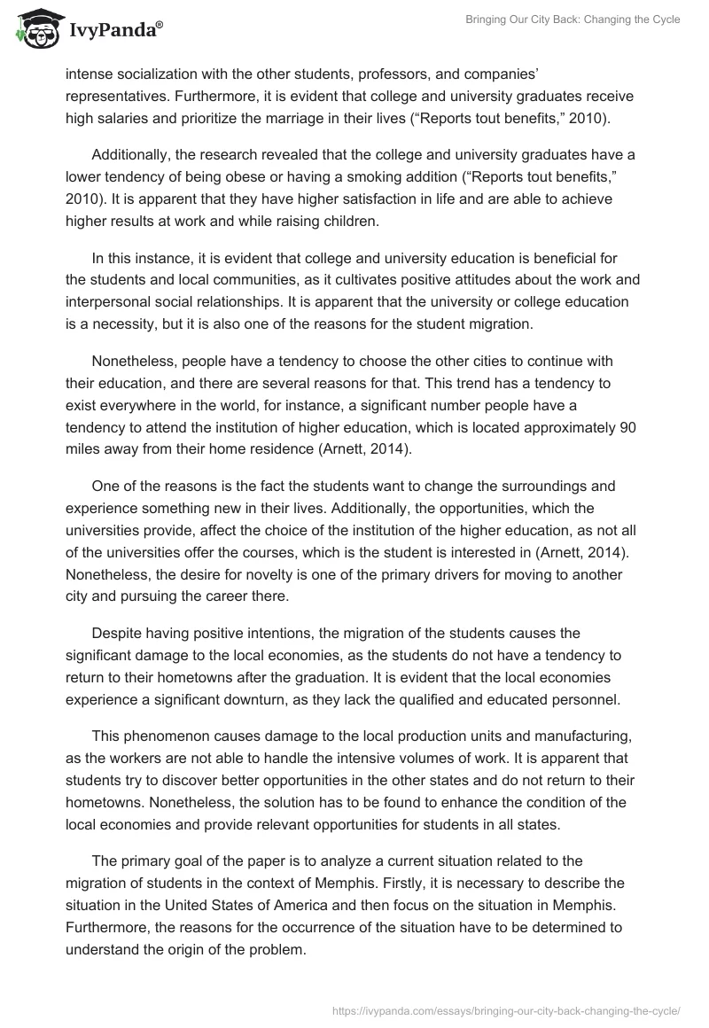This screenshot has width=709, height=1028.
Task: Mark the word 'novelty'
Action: pos(253,573)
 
